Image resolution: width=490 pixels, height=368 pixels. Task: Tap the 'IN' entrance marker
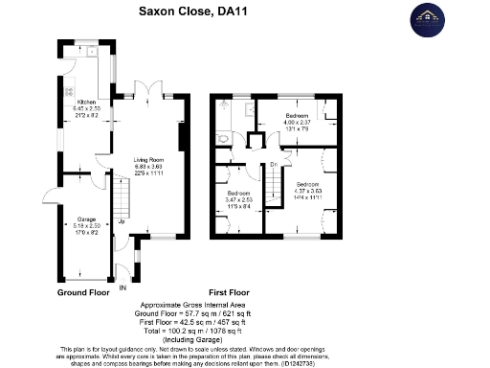click(x=122, y=287)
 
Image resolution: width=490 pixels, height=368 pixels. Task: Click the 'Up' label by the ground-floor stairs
click(x=122, y=222)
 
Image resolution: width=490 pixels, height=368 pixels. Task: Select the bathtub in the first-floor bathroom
click(x=238, y=113)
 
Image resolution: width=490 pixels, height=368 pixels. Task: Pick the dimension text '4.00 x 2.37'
click(x=298, y=121)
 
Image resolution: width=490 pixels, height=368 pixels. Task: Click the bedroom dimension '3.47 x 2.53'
click(x=239, y=198)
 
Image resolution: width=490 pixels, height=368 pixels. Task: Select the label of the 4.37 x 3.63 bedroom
click(x=307, y=183)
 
